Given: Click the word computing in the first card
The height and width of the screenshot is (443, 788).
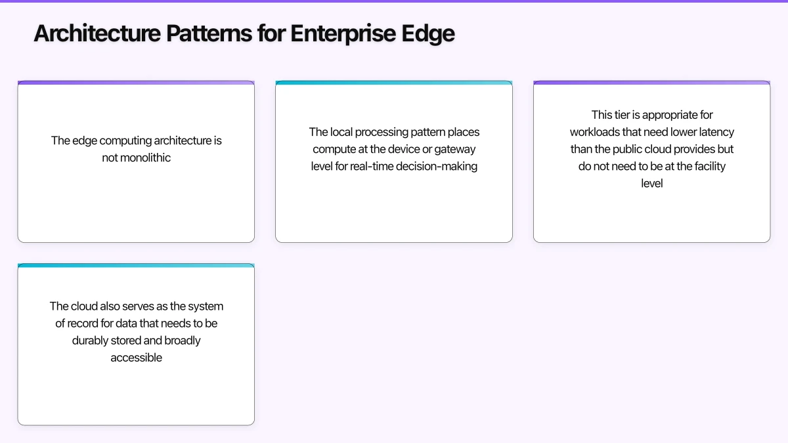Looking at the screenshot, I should (123, 140).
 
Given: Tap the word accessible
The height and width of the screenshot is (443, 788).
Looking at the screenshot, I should (136, 357).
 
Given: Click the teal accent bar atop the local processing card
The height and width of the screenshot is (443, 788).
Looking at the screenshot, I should (394, 83).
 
